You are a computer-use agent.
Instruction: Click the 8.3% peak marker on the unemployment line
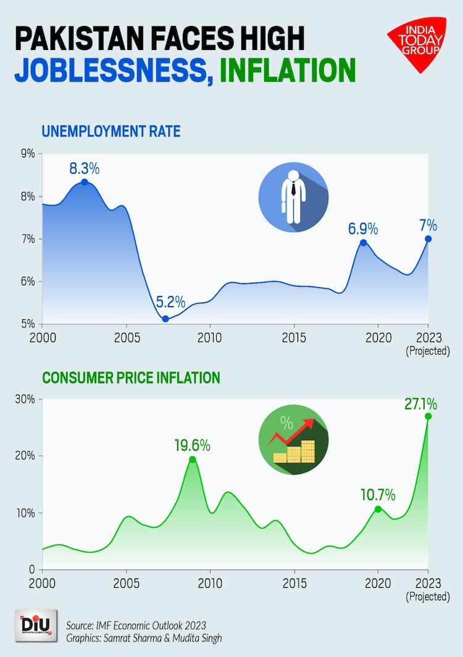click(84, 182)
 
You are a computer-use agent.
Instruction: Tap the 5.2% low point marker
click(165, 319)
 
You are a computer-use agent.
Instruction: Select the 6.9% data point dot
click(364, 243)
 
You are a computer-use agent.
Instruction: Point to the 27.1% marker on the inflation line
click(428, 416)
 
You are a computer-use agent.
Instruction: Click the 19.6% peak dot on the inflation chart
click(193, 459)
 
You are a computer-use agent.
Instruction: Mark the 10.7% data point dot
click(378, 509)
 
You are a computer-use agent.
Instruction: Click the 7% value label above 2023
click(428, 224)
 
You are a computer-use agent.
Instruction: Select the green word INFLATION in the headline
click(287, 70)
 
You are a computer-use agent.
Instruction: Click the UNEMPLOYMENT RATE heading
click(111, 131)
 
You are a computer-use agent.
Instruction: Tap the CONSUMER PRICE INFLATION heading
click(131, 377)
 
